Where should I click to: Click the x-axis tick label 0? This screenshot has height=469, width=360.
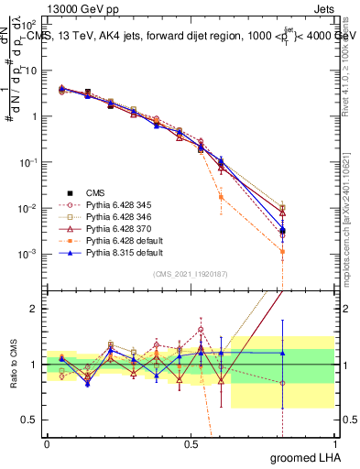pyautogui.click(x=47, y=443)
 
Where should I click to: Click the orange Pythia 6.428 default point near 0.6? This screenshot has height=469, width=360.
pyautogui.click(x=220, y=197)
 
